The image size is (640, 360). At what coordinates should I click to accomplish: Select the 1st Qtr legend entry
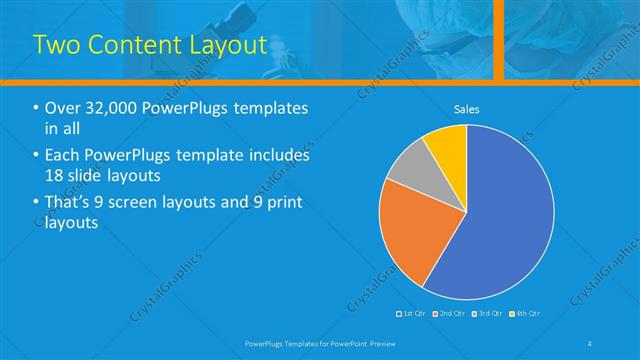pos(415,314)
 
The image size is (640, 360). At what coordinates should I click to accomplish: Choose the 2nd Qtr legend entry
pos(453,314)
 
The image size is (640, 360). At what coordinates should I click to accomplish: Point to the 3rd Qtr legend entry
pos(491,314)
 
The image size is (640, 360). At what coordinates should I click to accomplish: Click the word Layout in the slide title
pos(222,45)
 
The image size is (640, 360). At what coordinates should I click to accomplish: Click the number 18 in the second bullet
pos(57,176)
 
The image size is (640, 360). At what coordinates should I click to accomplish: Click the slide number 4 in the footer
pos(590,344)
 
